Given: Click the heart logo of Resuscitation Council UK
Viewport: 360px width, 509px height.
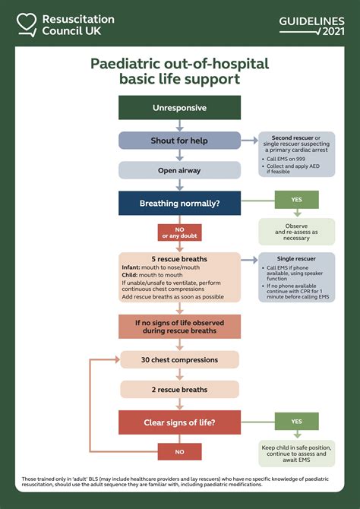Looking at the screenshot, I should [x=27, y=24].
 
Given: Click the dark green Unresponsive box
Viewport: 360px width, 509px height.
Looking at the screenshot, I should [x=179, y=108].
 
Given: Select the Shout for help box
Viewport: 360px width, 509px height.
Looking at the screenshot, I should [x=179, y=141].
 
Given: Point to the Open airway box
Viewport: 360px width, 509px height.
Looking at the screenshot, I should [x=179, y=170].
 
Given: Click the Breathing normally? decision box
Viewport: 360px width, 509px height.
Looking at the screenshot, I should [x=179, y=204].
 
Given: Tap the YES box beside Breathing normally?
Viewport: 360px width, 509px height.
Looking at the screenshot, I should [x=296, y=200].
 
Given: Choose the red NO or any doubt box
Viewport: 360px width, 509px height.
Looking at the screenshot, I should [x=179, y=232].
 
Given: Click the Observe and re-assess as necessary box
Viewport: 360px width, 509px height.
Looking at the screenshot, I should [x=296, y=232].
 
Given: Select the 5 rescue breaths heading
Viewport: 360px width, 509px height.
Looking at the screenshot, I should [x=179, y=259].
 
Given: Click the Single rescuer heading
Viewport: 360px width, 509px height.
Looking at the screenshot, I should [x=296, y=259].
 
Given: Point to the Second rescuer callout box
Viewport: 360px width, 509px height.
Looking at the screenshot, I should [x=296, y=154].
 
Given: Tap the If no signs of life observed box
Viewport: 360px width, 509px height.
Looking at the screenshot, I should [x=179, y=327].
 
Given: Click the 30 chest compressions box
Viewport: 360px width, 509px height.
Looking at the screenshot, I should [x=179, y=360].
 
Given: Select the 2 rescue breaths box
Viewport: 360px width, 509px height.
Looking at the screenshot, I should [x=179, y=390].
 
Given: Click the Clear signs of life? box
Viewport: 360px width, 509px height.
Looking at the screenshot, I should [x=179, y=422].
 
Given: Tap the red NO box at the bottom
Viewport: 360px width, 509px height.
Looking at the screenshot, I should [x=179, y=451].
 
